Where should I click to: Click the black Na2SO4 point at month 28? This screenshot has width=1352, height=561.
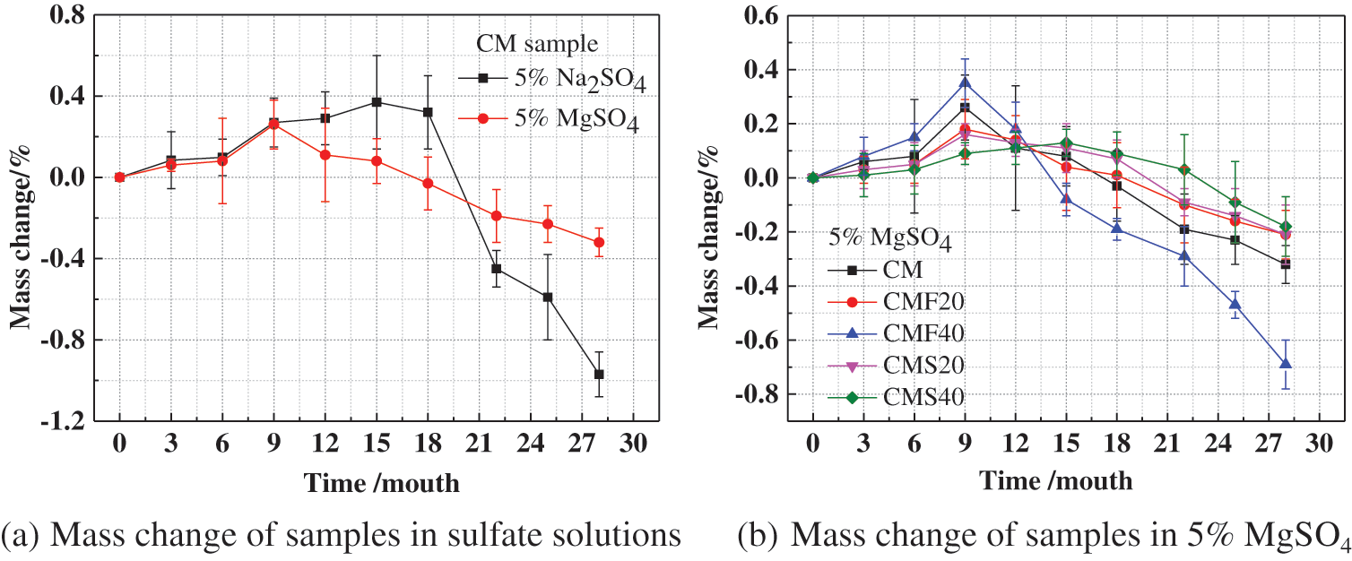pyautogui.click(x=599, y=374)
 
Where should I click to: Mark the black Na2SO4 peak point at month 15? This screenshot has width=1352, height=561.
pyautogui.click(x=377, y=102)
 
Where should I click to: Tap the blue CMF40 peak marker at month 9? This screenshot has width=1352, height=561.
pyautogui.click(x=965, y=83)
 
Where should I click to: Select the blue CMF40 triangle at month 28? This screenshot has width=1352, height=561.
pyautogui.click(x=1285, y=364)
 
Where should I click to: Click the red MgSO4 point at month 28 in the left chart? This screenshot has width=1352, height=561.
pyautogui.click(x=599, y=242)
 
